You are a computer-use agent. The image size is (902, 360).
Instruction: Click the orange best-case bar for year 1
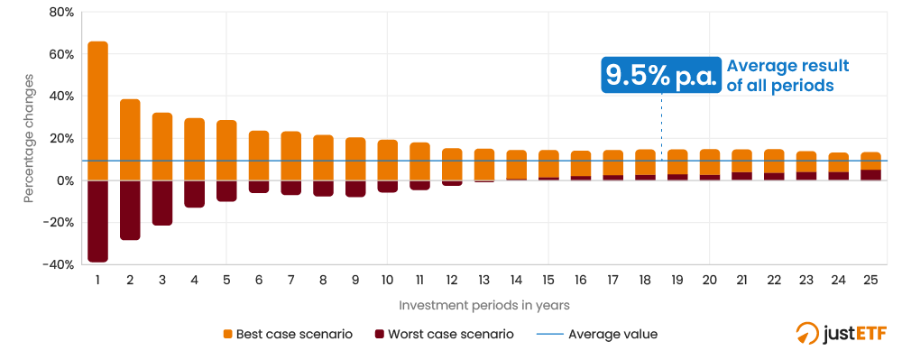[x=97, y=110]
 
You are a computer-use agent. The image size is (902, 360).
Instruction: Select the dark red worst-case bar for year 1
[x=97, y=221]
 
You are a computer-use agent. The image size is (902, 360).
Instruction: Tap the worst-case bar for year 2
[x=130, y=210]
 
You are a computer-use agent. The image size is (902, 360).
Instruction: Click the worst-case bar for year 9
[x=355, y=189]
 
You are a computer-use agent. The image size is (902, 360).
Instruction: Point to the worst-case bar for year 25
[x=870, y=175]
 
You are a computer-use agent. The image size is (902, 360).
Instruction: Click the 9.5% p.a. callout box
[x=662, y=75]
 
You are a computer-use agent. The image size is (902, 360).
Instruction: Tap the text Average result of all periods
[x=787, y=75]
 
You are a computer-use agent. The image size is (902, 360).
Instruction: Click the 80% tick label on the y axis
[x=60, y=13]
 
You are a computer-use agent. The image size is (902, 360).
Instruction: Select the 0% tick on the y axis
[x=64, y=180]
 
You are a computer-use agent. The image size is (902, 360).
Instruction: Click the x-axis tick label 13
[x=484, y=281]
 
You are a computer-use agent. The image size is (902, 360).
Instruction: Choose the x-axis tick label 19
[x=677, y=281]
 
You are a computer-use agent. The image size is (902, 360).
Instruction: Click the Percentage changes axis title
[x=29, y=138]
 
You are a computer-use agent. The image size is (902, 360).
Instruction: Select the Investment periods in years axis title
[x=483, y=305]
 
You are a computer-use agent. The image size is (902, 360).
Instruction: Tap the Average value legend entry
[x=597, y=334]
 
